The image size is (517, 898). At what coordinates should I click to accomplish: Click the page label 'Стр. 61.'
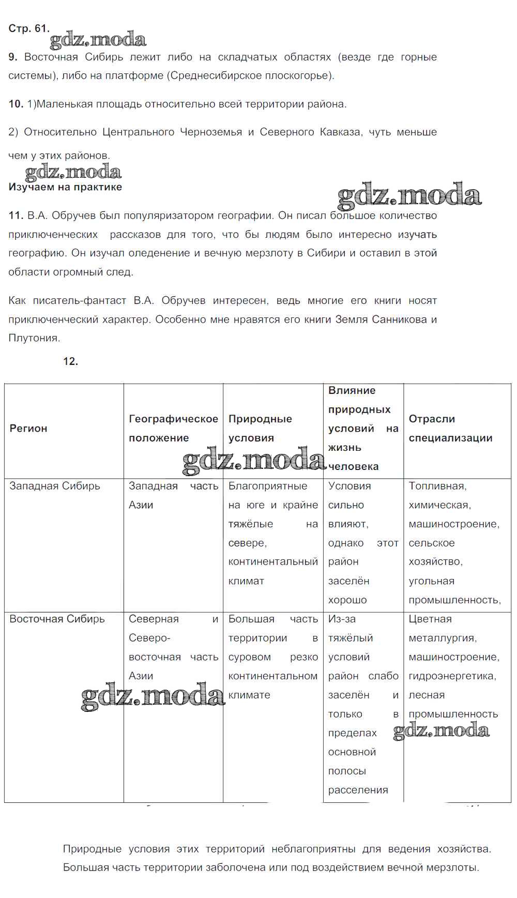[28, 28]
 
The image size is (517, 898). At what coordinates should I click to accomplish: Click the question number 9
[13, 57]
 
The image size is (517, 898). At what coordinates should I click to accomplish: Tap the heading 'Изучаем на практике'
[65, 187]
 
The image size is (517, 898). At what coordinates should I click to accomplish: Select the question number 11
[16, 216]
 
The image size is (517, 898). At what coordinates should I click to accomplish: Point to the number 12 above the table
[70, 361]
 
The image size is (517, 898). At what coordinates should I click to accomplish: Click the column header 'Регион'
[28, 428]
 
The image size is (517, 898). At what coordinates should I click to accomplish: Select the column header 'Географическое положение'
[173, 428]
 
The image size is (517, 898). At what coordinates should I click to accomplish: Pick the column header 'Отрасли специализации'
[450, 428]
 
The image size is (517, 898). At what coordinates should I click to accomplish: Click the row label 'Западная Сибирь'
[55, 486]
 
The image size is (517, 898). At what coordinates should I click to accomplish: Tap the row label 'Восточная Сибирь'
[57, 619]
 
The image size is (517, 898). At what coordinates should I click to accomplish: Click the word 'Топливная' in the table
[437, 486]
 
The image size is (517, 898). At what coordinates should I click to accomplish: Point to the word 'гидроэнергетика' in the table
[452, 676]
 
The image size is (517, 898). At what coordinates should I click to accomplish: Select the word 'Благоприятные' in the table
[268, 486]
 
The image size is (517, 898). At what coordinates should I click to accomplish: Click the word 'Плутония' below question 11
[34, 338]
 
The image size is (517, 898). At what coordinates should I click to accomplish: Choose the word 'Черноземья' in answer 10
[211, 132]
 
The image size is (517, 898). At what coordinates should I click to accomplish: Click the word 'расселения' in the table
[358, 790]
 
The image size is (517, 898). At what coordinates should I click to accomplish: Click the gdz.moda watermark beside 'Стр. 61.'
[98, 40]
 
